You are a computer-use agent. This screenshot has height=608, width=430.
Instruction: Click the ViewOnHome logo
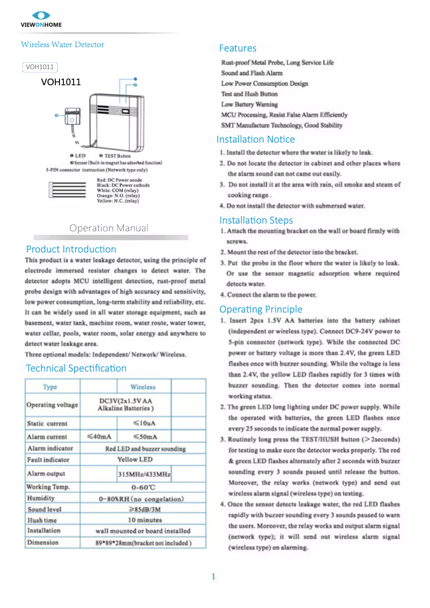41,19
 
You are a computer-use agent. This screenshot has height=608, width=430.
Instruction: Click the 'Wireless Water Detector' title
63,45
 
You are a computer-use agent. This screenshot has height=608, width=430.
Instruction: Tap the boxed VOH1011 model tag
40,67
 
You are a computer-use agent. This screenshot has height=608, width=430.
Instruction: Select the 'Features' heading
238,48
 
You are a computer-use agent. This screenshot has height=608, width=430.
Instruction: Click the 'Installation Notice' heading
256,139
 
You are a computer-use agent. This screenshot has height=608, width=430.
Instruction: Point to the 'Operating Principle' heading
261,309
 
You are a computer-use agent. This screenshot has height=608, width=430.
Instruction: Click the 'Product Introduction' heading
71,249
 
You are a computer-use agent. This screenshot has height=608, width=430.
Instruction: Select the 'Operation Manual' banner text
109,228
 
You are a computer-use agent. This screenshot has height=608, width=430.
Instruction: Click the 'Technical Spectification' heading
76,368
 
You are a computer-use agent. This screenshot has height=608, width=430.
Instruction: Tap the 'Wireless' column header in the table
143,387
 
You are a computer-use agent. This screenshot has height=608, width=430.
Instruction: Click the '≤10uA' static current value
144,424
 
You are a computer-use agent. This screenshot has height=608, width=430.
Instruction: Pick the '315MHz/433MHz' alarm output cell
144,474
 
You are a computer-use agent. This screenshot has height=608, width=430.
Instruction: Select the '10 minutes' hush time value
144,520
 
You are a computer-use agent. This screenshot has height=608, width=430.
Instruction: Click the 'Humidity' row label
41,498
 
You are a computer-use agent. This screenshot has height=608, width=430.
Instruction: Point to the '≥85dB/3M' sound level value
144,509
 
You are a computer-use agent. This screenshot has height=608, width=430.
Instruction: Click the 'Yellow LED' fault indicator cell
135,459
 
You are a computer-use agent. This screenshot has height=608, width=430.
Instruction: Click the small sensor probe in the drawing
72,116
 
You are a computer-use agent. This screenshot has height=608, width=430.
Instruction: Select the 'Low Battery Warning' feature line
249,105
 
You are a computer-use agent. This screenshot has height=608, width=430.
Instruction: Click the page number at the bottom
213,577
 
